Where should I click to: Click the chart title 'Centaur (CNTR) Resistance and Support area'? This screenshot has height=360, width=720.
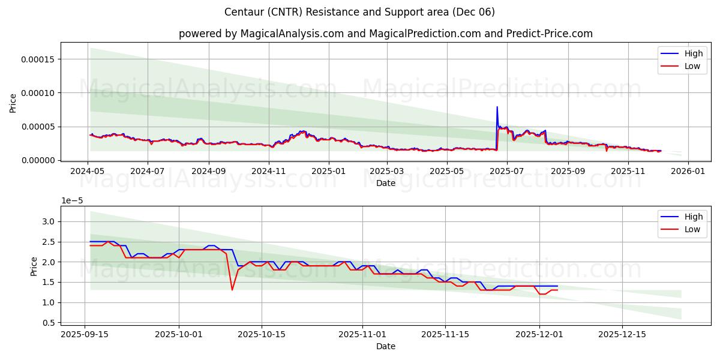[359, 12]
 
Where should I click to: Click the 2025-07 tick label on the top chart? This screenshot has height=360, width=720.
[507, 170]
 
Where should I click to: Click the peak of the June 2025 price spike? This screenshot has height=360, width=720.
[497, 107]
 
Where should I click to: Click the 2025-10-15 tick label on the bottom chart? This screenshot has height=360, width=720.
[262, 334]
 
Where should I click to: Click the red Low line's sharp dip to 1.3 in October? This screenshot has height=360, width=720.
[232, 290]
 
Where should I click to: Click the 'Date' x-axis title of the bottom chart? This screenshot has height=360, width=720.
[385, 346]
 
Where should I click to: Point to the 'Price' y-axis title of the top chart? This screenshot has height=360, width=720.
[13, 103]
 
